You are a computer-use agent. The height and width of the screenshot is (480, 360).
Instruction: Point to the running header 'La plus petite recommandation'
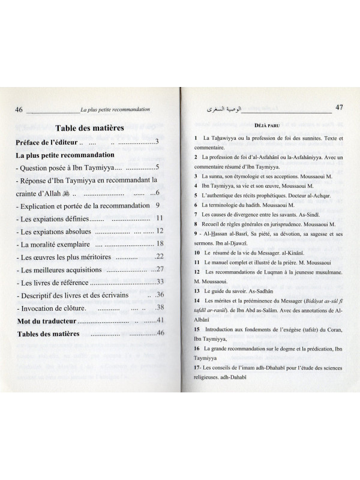click(114, 110)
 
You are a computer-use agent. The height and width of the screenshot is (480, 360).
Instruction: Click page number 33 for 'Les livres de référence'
click(160, 282)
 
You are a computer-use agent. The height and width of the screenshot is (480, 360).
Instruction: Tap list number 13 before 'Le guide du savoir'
click(197, 290)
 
